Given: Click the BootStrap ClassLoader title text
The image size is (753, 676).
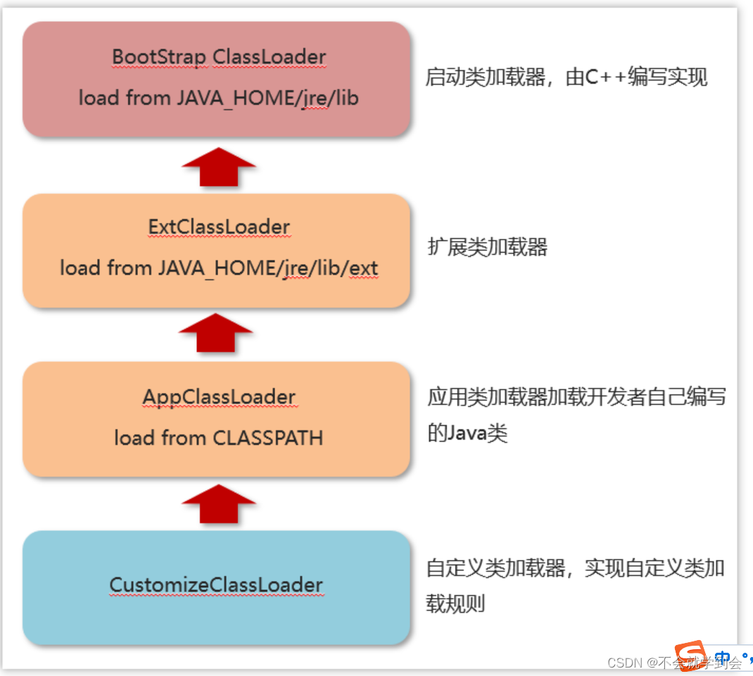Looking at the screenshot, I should tap(219, 56).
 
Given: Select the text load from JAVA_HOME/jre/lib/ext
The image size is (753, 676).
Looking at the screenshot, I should tap(219, 268).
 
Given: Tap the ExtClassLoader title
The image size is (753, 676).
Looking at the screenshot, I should tap(219, 227).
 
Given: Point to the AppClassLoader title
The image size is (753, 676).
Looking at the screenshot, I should tap(219, 396).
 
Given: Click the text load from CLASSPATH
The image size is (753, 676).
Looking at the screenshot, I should tap(219, 438).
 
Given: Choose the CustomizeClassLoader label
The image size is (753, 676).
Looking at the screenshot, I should tap(216, 585).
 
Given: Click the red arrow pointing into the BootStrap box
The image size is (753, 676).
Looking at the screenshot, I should tap(218, 168).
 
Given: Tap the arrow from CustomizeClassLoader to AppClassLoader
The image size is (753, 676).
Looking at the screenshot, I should tap(218, 504).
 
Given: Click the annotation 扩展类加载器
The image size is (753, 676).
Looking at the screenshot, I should tap(487, 247).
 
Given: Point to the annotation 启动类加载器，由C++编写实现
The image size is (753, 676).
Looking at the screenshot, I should tap(566, 77).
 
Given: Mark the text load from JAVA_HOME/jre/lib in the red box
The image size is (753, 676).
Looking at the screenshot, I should tap(219, 98).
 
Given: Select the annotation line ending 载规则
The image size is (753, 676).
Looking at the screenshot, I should tap(455, 603).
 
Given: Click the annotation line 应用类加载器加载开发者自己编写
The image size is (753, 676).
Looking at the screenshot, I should tap(576, 398).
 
